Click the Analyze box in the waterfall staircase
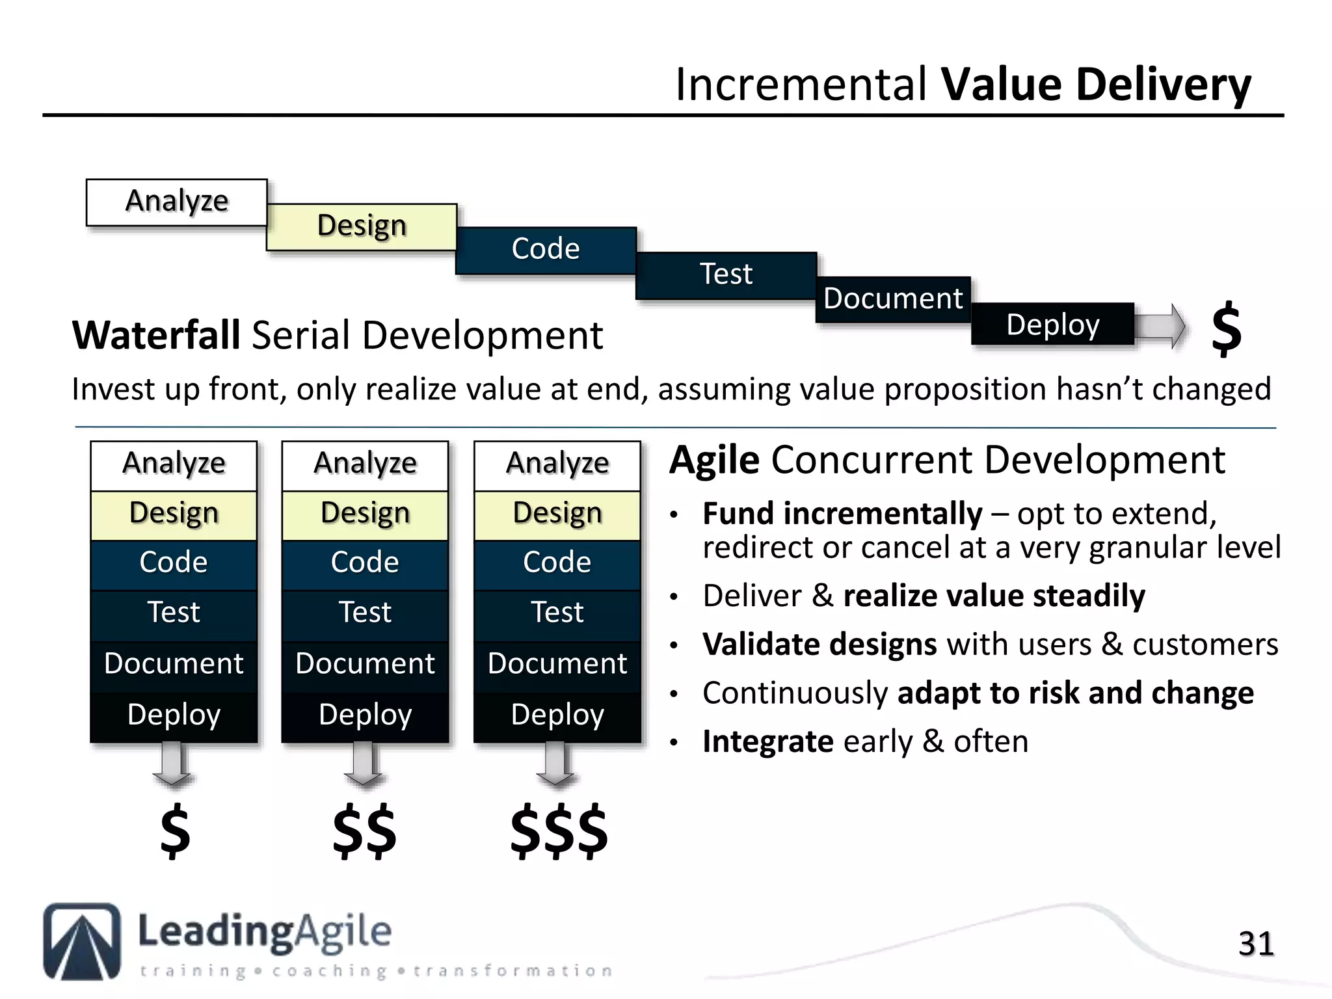[x=176, y=202]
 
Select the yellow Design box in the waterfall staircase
[x=362, y=226]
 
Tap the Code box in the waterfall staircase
[x=546, y=250]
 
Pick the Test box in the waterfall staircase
[x=726, y=275]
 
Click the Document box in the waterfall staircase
[x=893, y=299]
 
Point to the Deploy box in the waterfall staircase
[x=1052, y=325]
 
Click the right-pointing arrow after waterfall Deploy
[x=1161, y=325]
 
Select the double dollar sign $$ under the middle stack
[x=364, y=831]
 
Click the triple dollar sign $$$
[x=559, y=831]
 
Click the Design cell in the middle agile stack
[x=365, y=514]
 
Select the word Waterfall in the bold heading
[x=156, y=336]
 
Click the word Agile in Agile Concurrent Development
[x=714, y=460]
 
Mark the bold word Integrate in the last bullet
[x=767, y=742]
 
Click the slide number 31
[x=1255, y=944]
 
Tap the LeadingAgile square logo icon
[x=82, y=941]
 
